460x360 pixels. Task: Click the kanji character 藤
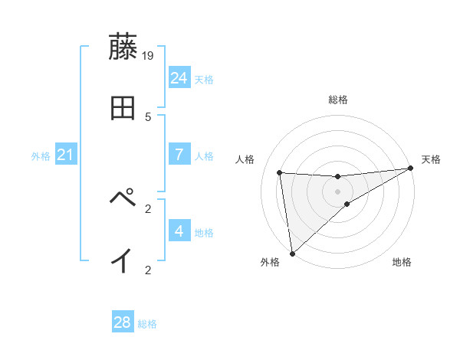[x=123, y=47]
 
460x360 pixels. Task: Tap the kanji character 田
[x=123, y=108]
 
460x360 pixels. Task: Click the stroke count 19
[x=149, y=56]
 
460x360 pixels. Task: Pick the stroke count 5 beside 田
[x=148, y=117]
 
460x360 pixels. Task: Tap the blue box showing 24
[x=179, y=77]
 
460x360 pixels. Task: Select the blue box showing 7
[x=179, y=154]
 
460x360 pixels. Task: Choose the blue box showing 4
[x=179, y=231]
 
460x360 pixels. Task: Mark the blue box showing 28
[x=123, y=322]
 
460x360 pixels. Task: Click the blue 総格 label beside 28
[x=148, y=324]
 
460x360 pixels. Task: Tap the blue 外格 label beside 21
[x=41, y=156]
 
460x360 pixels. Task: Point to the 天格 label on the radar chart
[x=431, y=159]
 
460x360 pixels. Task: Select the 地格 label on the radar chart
[x=402, y=263]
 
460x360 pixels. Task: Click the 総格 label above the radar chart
[x=338, y=100]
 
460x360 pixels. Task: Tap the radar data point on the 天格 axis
[x=410, y=169]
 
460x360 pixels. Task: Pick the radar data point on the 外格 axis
[x=292, y=254]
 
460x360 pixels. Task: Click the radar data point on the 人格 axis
[x=280, y=172]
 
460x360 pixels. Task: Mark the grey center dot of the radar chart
[x=338, y=191]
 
